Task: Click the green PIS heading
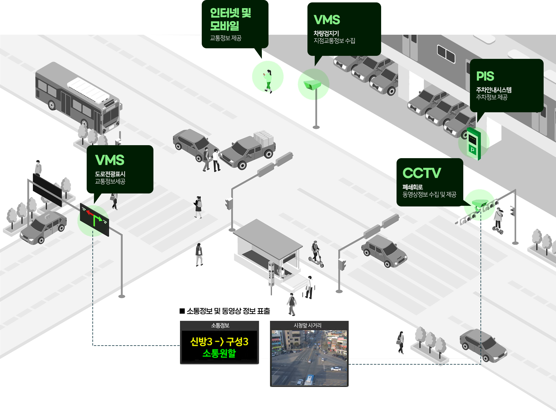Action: pos(485,76)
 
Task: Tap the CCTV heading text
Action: pos(422,173)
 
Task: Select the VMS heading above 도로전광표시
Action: pos(110,160)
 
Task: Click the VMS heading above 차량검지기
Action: pos(327,20)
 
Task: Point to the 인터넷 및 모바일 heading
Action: pos(230,19)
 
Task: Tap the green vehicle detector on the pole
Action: pos(312,84)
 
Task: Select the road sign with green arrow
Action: pos(94,220)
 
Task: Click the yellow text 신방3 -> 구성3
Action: pos(219,342)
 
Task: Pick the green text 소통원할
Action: pos(219,353)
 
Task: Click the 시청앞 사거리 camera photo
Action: pos(309,358)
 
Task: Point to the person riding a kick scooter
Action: pos(316,254)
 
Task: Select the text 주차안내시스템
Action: pos(493,90)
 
